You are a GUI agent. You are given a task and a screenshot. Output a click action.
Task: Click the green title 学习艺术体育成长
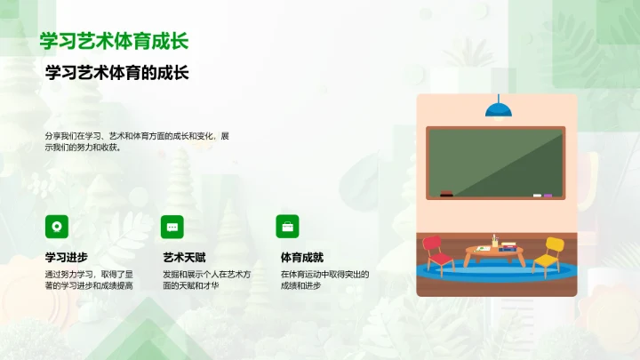(x=114, y=41)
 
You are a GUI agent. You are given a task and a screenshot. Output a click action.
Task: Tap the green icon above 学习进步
(x=56, y=225)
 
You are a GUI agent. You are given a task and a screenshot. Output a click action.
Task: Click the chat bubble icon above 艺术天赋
(x=172, y=225)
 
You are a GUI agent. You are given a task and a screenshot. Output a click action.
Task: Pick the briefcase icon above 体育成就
(x=287, y=225)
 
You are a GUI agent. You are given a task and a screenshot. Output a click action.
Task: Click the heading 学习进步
(x=67, y=258)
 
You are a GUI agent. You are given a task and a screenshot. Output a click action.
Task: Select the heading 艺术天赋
(x=183, y=258)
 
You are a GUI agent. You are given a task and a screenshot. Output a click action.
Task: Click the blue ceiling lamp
(x=497, y=109)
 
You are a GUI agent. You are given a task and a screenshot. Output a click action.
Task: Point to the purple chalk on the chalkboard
(x=548, y=195)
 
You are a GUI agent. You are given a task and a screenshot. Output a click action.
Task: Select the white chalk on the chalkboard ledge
(x=537, y=195)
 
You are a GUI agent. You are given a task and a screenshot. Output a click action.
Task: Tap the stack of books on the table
(x=508, y=246)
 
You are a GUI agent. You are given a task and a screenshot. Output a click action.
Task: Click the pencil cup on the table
(x=494, y=240)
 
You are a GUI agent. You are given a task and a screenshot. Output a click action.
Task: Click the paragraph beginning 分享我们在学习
(x=138, y=142)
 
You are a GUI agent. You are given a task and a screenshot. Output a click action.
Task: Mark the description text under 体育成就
(x=324, y=280)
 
